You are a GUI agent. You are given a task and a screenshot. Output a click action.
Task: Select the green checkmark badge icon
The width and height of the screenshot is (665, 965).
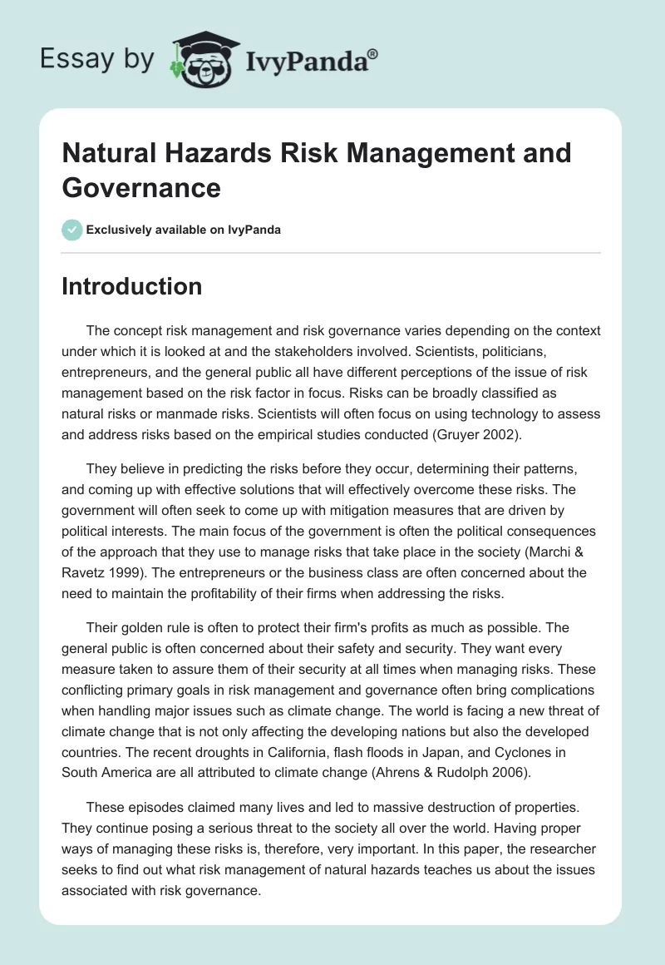(72, 230)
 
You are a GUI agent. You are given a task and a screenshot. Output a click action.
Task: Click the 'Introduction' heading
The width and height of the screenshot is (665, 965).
(132, 287)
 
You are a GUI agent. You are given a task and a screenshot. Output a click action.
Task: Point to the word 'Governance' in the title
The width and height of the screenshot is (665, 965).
(141, 187)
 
